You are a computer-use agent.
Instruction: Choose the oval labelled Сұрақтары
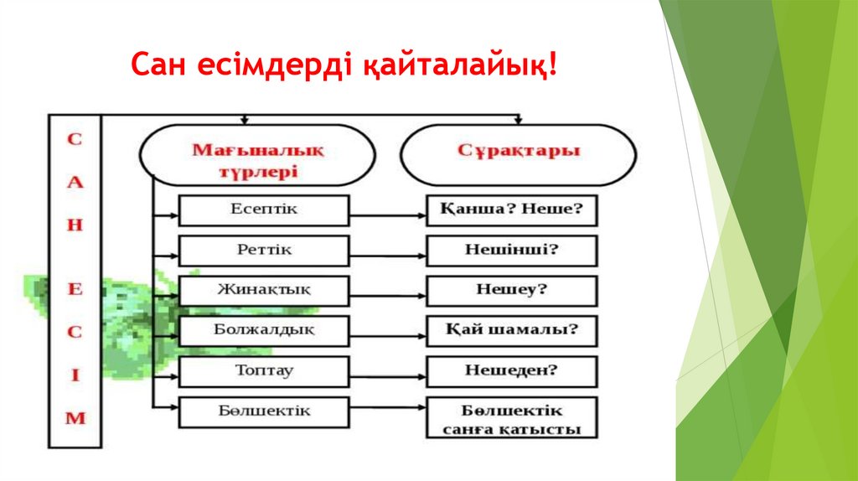click(x=519, y=153)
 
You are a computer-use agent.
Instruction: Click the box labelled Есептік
click(x=263, y=210)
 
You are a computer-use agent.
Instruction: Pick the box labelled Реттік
click(x=263, y=251)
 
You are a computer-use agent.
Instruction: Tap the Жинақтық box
click(x=263, y=291)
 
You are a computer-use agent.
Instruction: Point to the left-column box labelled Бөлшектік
click(x=263, y=412)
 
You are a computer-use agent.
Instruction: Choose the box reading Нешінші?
click(x=511, y=251)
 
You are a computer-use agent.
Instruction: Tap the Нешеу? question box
click(x=511, y=291)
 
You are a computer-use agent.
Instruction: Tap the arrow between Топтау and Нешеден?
click(x=387, y=371)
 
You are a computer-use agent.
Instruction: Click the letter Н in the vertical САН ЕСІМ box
click(x=75, y=228)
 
